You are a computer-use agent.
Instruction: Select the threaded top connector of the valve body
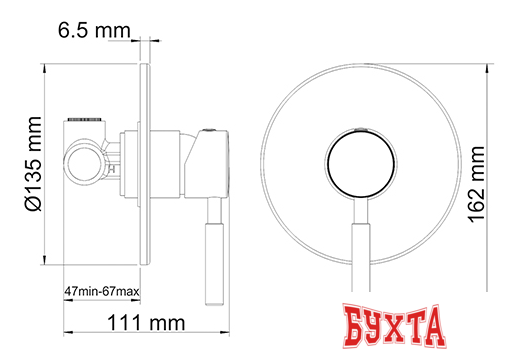pos(87,120)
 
